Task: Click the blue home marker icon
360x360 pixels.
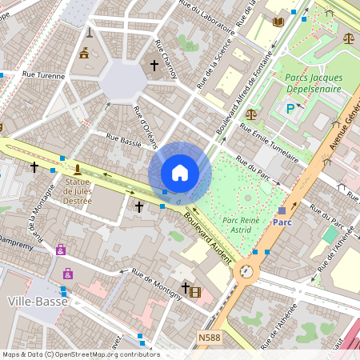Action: pyautogui.click(x=180, y=173)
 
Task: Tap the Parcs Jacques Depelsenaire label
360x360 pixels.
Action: pyautogui.click(x=314, y=83)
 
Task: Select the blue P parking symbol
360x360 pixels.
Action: pyautogui.click(x=290, y=108)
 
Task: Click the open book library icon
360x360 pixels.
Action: pyautogui.click(x=278, y=22)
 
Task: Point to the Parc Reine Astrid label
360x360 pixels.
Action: pyautogui.click(x=241, y=225)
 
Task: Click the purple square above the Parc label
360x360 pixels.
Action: pyautogui.click(x=282, y=211)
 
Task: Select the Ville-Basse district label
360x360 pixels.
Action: pyautogui.click(x=32, y=301)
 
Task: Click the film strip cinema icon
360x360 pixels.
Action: pyautogui.click(x=196, y=291)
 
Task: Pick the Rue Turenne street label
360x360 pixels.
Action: pyautogui.click(x=43, y=74)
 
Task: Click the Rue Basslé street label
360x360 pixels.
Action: pyautogui.click(x=124, y=142)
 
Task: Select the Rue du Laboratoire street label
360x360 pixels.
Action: pyautogui.click(x=208, y=17)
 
